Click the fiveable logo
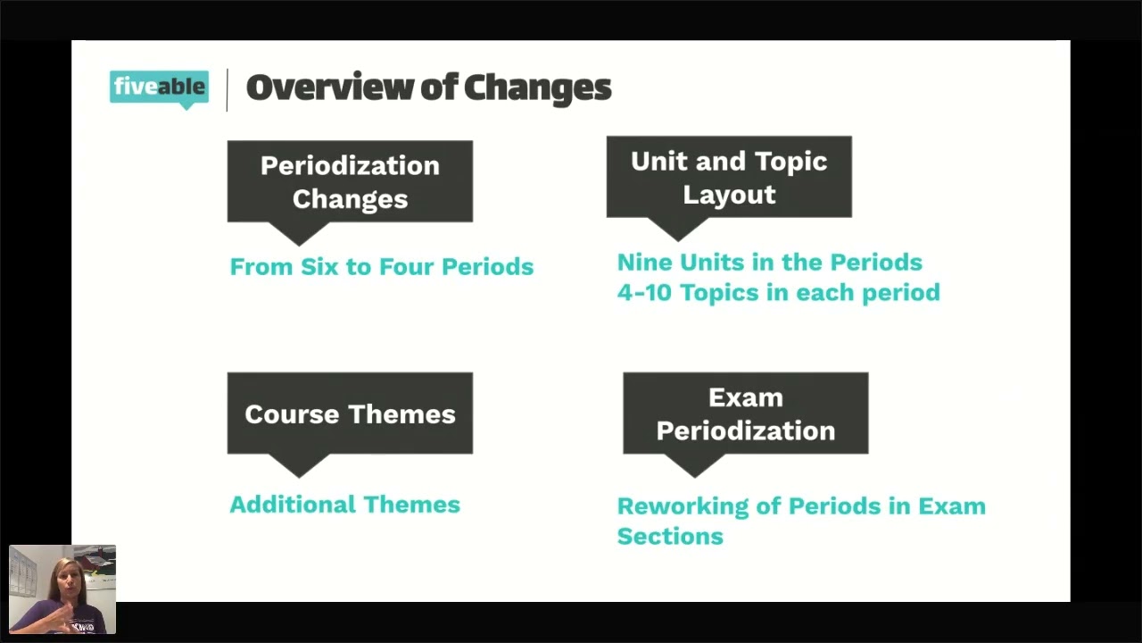tap(159, 88)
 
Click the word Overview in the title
tap(329, 88)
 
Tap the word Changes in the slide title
tap(537, 88)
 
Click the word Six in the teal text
tap(319, 267)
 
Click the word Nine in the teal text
tap(644, 263)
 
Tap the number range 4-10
tap(644, 293)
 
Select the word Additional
tap(293, 505)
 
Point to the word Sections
tap(670, 537)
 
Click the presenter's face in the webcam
tap(67, 577)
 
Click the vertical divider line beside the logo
tap(227, 90)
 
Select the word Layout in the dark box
tap(729, 196)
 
